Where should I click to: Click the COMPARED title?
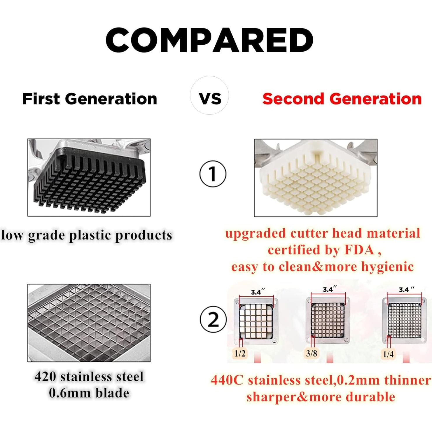(x=209, y=40)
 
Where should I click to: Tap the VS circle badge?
(x=209, y=95)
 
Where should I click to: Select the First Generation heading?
(x=90, y=99)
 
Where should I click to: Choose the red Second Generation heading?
(x=342, y=99)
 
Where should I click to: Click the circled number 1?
(x=213, y=174)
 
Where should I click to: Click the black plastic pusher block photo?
(x=89, y=178)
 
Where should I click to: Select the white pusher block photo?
(x=316, y=178)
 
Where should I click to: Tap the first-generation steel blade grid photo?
(x=89, y=323)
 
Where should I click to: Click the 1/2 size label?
(x=240, y=354)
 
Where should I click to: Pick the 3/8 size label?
(x=312, y=354)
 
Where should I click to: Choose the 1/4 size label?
(x=388, y=354)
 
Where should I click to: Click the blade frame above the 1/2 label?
(x=256, y=321)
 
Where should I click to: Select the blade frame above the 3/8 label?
(x=328, y=321)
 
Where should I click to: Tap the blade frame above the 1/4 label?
(x=405, y=321)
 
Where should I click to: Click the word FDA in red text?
(x=359, y=250)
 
